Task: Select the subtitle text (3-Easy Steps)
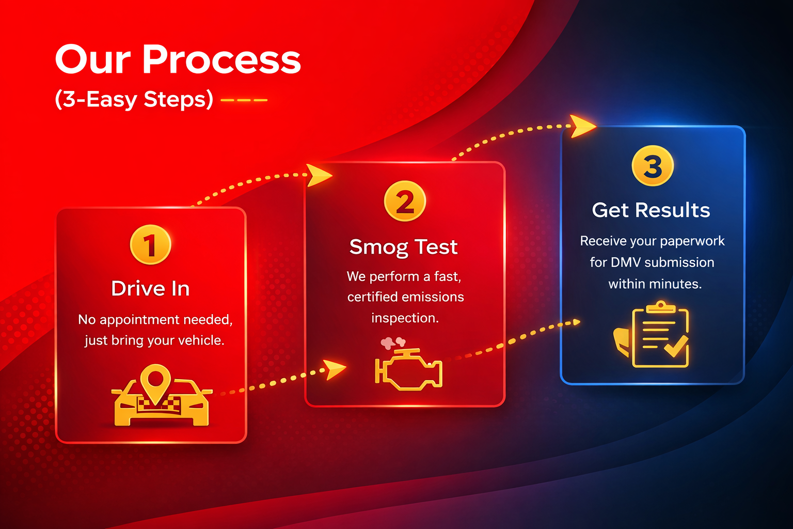tap(134, 99)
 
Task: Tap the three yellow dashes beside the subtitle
tap(244, 100)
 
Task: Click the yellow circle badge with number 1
tap(150, 245)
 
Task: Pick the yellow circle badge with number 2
tap(405, 201)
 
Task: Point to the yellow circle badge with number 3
tap(653, 166)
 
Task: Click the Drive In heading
tap(150, 288)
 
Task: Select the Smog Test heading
tap(403, 247)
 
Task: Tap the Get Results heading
tap(651, 210)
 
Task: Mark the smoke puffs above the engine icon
tap(393, 343)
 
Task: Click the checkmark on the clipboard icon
tap(675, 346)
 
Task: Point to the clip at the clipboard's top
tap(660, 307)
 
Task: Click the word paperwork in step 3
tap(692, 241)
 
